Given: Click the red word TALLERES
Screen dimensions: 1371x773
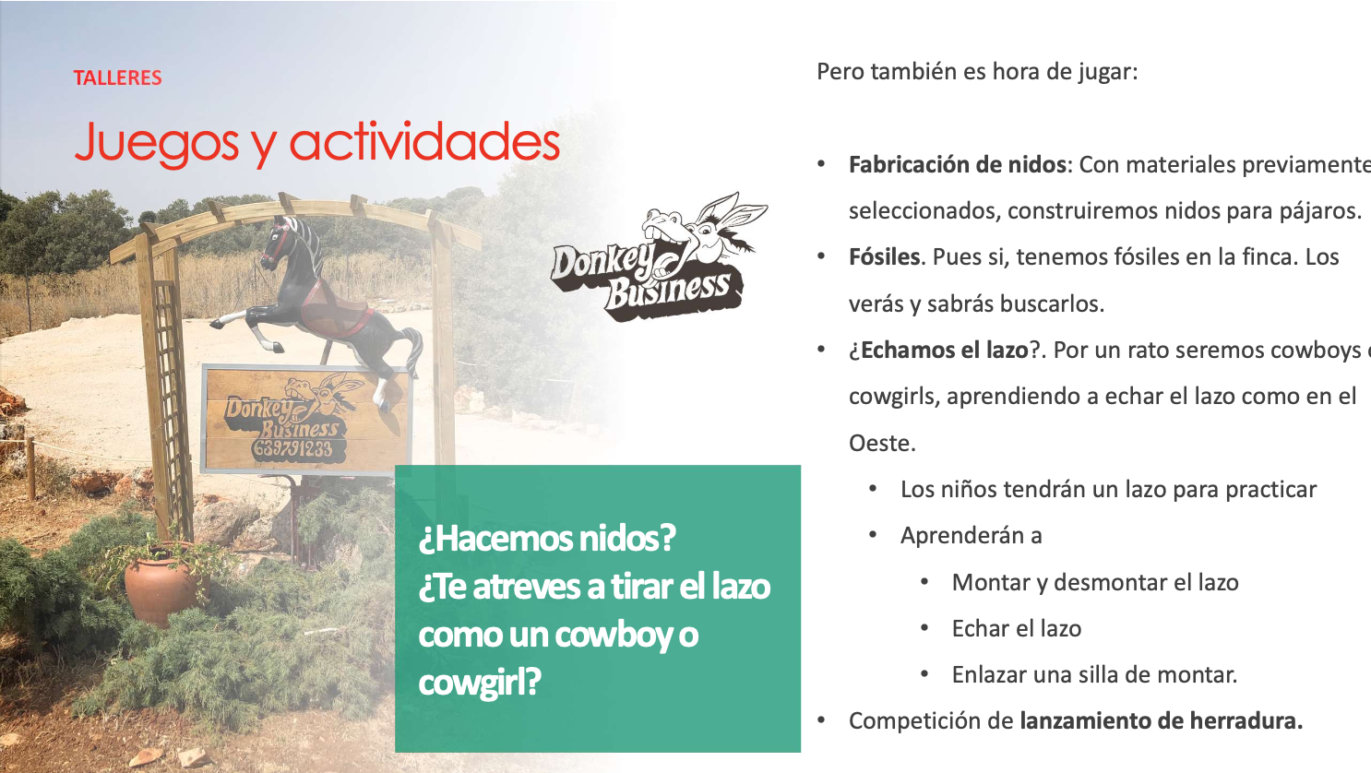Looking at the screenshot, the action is [x=117, y=77].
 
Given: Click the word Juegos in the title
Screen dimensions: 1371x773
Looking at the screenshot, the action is [x=156, y=144].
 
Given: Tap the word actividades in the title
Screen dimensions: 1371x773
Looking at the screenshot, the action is [x=424, y=141].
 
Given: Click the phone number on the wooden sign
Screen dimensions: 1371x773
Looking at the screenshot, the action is [x=292, y=450].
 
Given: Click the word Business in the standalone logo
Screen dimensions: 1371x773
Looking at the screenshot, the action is [x=669, y=291].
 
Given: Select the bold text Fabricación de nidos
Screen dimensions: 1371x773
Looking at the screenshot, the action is [x=958, y=164].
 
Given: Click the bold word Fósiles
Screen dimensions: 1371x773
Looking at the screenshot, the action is [x=884, y=257].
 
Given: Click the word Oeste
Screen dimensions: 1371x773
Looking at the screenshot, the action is [x=881, y=443].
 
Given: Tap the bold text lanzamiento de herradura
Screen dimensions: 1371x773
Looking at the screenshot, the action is [x=1161, y=721].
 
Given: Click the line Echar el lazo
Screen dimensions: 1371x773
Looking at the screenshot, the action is [x=1017, y=628].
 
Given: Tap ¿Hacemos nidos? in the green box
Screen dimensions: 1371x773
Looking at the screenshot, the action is [x=547, y=539].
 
